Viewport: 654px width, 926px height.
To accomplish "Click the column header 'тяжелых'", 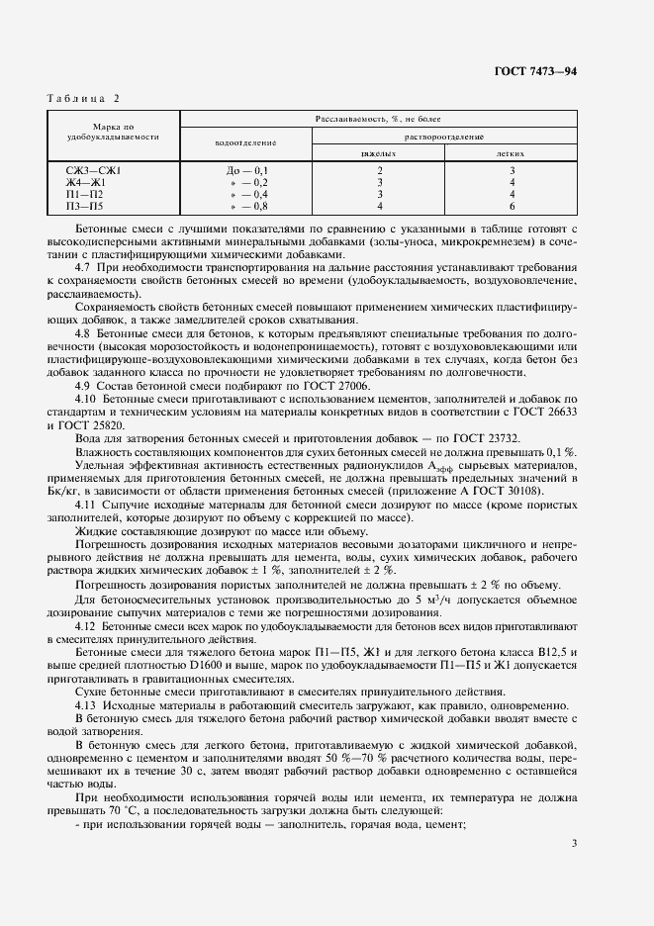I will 378,154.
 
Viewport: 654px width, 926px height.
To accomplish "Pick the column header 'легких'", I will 510,154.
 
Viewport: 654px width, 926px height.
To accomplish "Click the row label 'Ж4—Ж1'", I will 85,183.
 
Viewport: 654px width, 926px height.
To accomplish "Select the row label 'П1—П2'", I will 84,195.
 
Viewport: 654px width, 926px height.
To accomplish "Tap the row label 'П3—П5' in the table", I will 84,207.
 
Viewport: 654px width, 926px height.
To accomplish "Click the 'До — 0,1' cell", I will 247,171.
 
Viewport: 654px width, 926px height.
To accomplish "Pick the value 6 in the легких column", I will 511,207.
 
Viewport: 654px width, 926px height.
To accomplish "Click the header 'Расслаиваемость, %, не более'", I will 378,118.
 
